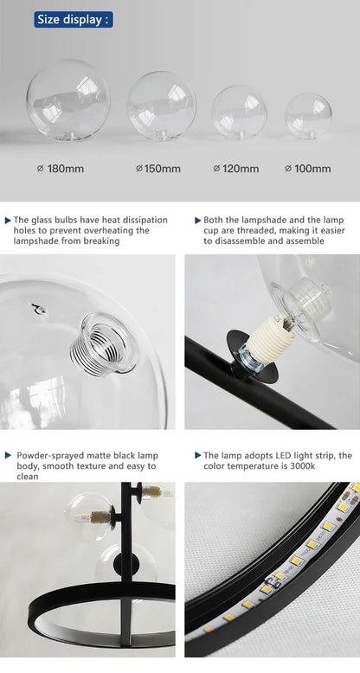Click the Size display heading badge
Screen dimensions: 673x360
pyautogui.click(x=74, y=19)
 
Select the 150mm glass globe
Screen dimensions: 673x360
pyautogui.click(x=161, y=109)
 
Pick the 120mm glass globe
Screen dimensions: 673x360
pyautogui.click(x=239, y=113)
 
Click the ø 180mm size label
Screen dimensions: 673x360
pyautogui.click(x=61, y=169)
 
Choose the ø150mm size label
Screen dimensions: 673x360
pyautogui.click(x=158, y=169)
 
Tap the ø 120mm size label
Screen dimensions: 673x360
pyautogui.click(x=236, y=169)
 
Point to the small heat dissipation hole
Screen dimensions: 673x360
pyautogui.click(x=37, y=308)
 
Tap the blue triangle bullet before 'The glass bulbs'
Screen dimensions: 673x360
pyautogui.click(x=9, y=221)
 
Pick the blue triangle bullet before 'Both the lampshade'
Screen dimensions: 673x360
pyautogui.click(x=197, y=221)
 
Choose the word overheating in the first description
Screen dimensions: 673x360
pyautogui.click(x=119, y=231)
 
